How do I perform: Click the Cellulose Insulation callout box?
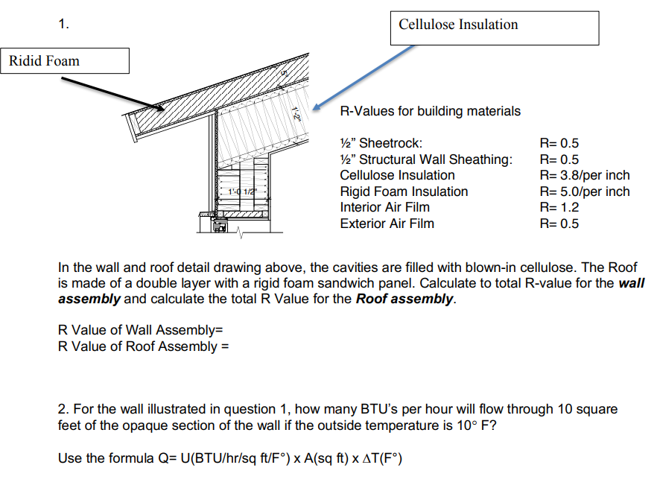pyautogui.click(x=493, y=28)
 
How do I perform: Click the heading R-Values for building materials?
pyautogui.click(x=430, y=111)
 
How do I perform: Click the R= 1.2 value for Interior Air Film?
pyautogui.click(x=559, y=207)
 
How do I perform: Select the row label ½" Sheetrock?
pyautogui.click(x=381, y=143)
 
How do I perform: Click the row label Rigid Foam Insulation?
pyautogui.click(x=404, y=191)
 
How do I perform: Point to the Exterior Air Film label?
pyautogui.click(x=387, y=224)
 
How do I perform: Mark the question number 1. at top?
pyautogui.click(x=64, y=25)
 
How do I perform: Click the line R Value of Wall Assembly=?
pyautogui.click(x=141, y=330)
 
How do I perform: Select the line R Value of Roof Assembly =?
pyautogui.click(x=143, y=346)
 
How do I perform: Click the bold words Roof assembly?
pyautogui.click(x=404, y=299)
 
